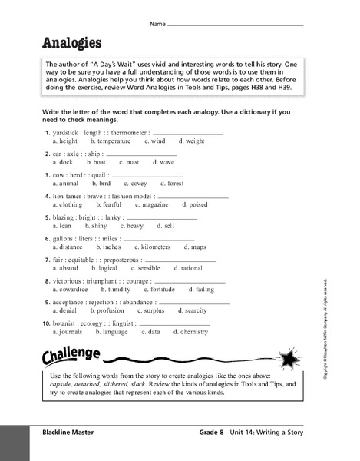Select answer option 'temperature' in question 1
[x=114, y=141]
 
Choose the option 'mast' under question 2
[x=132, y=162]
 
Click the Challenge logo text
[x=71, y=356]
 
